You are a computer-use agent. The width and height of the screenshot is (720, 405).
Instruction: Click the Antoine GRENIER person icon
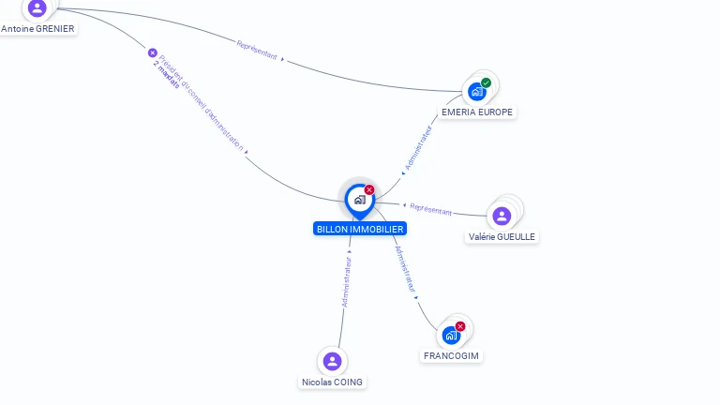tap(37, 8)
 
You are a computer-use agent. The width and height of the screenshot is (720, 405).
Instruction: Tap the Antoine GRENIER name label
tap(37, 29)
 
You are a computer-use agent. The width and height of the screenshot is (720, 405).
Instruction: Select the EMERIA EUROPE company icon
tap(477, 92)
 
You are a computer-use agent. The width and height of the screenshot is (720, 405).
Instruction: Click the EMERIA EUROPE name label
tap(477, 112)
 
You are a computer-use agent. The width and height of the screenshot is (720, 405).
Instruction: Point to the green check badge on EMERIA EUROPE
tap(487, 82)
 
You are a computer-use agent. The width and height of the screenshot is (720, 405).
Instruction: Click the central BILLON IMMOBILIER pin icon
tap(359, 200)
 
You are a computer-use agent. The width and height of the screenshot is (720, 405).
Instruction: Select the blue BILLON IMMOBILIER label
tap(360, 229)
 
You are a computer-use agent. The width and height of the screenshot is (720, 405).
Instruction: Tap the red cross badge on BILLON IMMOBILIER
tap(369, 189)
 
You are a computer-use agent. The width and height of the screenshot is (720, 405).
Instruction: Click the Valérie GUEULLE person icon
tap(502, 217)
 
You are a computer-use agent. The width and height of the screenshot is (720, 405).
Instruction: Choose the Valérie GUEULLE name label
tap(502, 237)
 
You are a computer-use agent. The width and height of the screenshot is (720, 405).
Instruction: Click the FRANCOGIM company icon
tap(451, 336)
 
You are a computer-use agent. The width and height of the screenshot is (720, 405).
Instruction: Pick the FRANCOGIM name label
tap(452, 356)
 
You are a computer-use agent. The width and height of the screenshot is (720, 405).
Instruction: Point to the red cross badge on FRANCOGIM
tap(460, 326)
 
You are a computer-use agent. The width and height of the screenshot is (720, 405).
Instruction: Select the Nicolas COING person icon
tap(332, 361)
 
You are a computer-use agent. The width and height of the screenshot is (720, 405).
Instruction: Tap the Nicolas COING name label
tap(332, 382)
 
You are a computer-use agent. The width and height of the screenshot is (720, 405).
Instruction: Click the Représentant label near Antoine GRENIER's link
tap(257, 50)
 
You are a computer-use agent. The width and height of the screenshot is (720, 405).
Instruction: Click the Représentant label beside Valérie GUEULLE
tap(431, 209)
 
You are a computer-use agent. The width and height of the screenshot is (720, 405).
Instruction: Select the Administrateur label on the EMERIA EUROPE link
tap(418, 148)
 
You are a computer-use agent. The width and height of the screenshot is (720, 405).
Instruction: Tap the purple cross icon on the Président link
tap(153, 52)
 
